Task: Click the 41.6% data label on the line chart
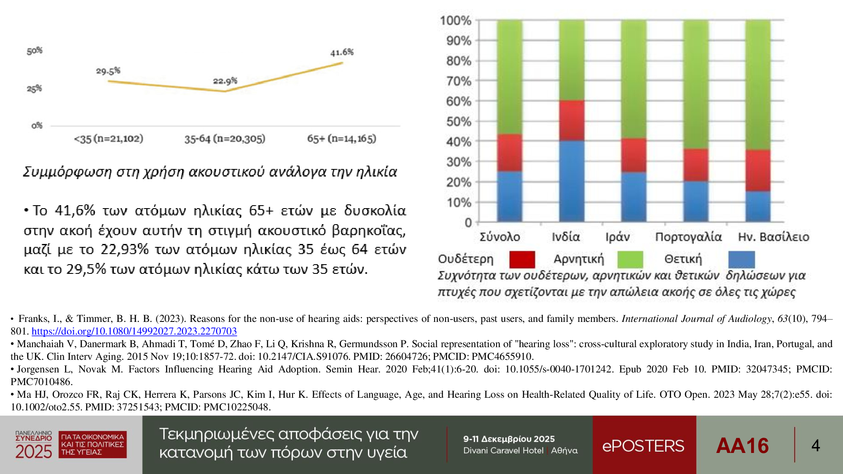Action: click(x=342, y=52)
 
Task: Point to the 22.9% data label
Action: click(x=225, y=80)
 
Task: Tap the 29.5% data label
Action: click(x=108, y=71)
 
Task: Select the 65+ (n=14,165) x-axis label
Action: click(x=341, y=139)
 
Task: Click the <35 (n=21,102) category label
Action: click(x=109, y=139)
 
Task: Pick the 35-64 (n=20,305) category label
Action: click(x=225, y=139)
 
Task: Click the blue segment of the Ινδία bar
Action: click(x=572, y=181)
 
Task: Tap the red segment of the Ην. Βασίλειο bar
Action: click(x=758, y=171)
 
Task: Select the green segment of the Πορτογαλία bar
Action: click(x=696, y=84)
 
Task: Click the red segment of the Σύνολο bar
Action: click(x=510, y=153)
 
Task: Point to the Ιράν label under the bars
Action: click(x=618, y=237)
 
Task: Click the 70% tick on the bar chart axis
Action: click(x=459, y=81)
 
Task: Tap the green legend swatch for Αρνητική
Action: click(x=630, y=260)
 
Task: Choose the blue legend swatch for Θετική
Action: click(x=741, y=260)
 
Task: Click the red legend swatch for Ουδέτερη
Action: click(x=522, y=260)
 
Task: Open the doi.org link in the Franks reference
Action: click(x=134, y=331)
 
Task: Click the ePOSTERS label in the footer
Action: click(x=643, y=446)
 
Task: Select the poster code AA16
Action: click(x=742, y=446)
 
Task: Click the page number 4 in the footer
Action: click(x=816, y=446)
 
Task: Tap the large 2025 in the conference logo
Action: click(x=34, y=452)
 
